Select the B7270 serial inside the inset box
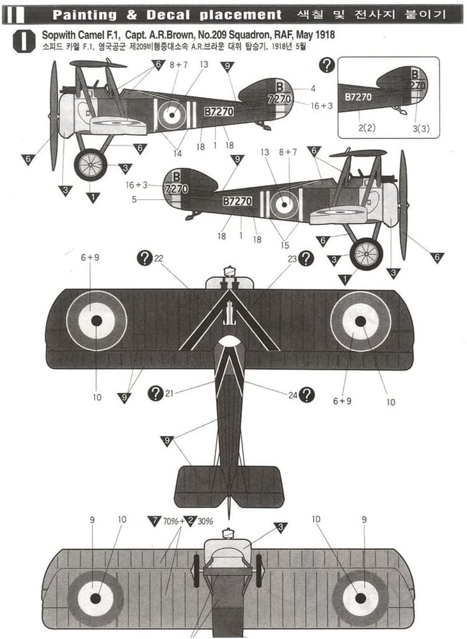coord(357,97)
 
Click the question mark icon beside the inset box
coord(327,64)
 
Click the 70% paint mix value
coord(171,521)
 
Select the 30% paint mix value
coord(203,521)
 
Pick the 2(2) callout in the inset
coord(367,128)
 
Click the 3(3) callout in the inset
coord(420,128)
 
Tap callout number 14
coord(177,153)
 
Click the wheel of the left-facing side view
coord(90,165)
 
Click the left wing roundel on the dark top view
coord(96,320)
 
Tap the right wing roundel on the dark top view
coord(360,320)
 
